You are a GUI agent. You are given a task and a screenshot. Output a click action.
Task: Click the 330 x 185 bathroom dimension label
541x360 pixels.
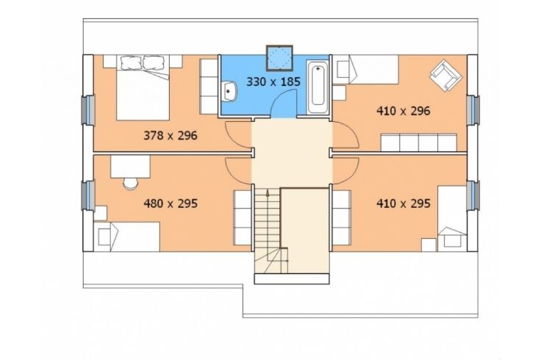pos(273,82)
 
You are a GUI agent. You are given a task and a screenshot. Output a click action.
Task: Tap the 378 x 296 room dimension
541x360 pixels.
pos(171,135)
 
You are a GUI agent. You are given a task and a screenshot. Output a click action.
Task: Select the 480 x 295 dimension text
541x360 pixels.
pos(171,204)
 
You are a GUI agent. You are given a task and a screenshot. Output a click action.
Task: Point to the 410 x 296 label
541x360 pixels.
pos(404,111)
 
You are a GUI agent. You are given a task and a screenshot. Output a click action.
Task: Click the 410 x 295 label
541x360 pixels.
pos(404,204)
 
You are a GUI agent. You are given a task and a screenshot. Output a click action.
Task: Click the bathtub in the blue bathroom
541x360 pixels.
pos(318,87)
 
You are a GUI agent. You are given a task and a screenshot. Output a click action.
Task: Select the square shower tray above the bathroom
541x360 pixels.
pos(279,57)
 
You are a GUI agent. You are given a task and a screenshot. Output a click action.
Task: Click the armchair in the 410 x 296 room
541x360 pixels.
pos(445,76)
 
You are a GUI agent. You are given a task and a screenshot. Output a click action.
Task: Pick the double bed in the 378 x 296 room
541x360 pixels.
pos(143,87)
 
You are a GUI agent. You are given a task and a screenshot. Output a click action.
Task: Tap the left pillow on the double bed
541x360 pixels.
pos(131,62)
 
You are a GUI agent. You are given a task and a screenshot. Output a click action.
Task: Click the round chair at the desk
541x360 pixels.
pos(130,183)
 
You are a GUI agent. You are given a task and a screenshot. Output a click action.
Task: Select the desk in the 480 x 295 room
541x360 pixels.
pos(130,167)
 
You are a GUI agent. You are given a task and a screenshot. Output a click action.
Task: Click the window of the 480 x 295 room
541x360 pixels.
pos(89,195)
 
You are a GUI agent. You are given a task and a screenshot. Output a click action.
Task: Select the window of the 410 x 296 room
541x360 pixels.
pos(473,109)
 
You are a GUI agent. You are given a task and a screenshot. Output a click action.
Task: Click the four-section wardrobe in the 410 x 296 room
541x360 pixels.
pos(418,143)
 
